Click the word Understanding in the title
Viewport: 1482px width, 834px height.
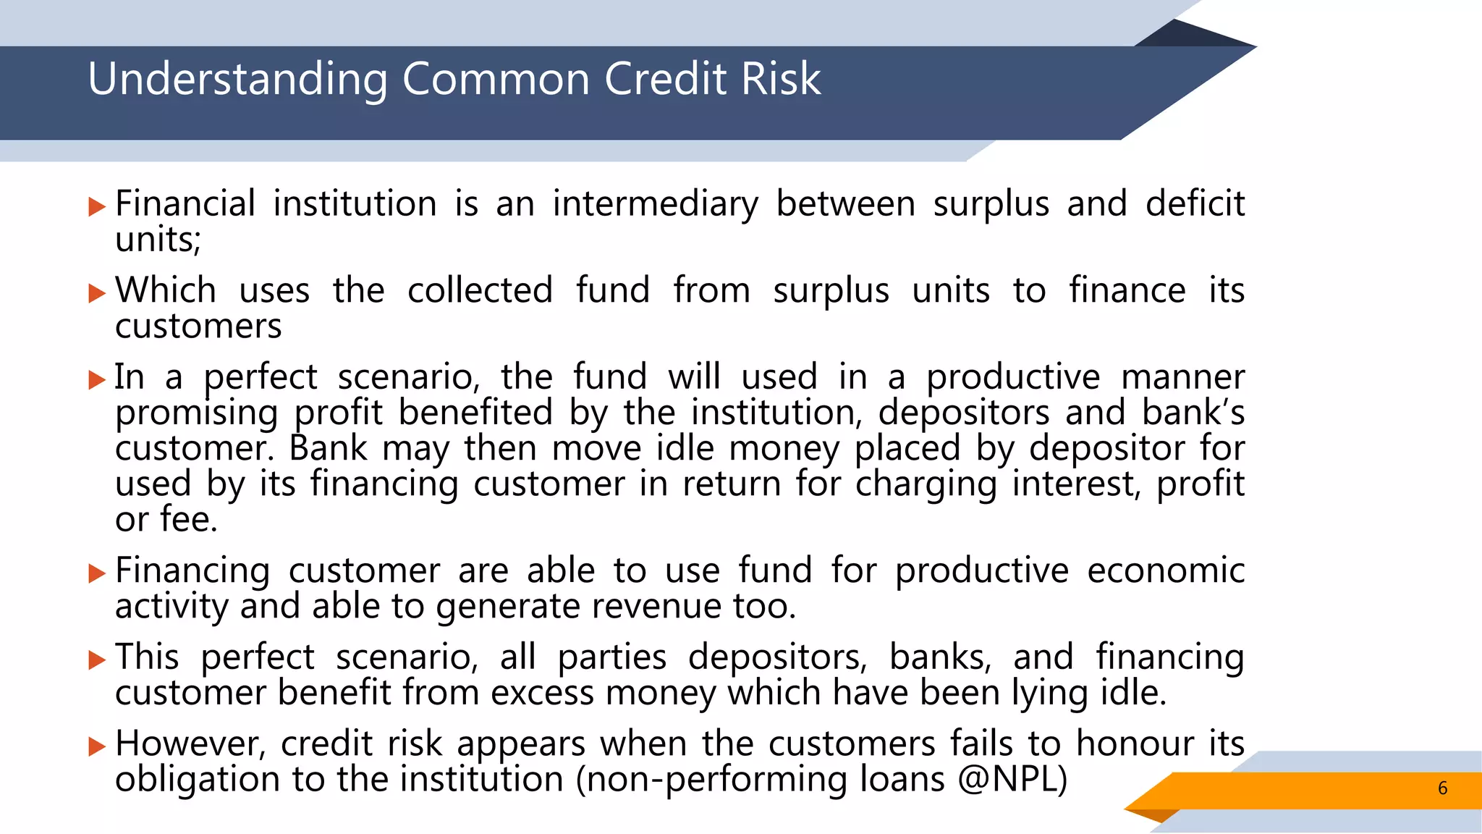(238, 79)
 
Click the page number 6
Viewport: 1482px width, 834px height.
(1442, 788)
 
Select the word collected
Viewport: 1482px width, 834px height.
(480, 290)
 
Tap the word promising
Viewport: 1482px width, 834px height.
(196, 413)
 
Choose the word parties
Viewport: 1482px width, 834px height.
(611, 657)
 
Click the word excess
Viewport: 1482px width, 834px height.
(543, 693)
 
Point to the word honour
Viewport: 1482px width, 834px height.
(1133, 744)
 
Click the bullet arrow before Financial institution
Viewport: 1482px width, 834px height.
(97, 208)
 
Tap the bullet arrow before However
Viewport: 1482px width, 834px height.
(97, 746)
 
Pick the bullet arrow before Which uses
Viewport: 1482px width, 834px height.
(97, 294)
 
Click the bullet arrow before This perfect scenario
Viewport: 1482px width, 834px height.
(97, 660)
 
